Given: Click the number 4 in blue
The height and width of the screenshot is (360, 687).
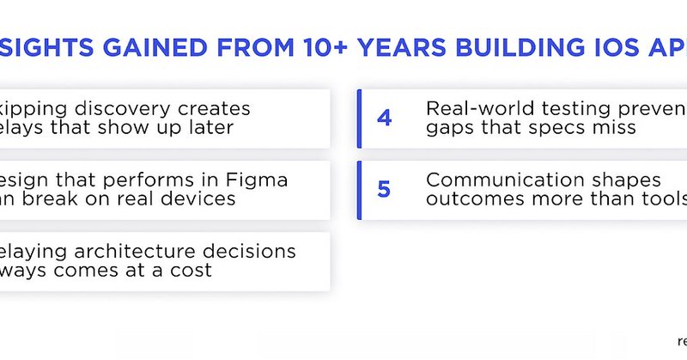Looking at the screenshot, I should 384,119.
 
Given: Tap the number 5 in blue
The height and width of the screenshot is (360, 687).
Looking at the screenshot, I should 384,189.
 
